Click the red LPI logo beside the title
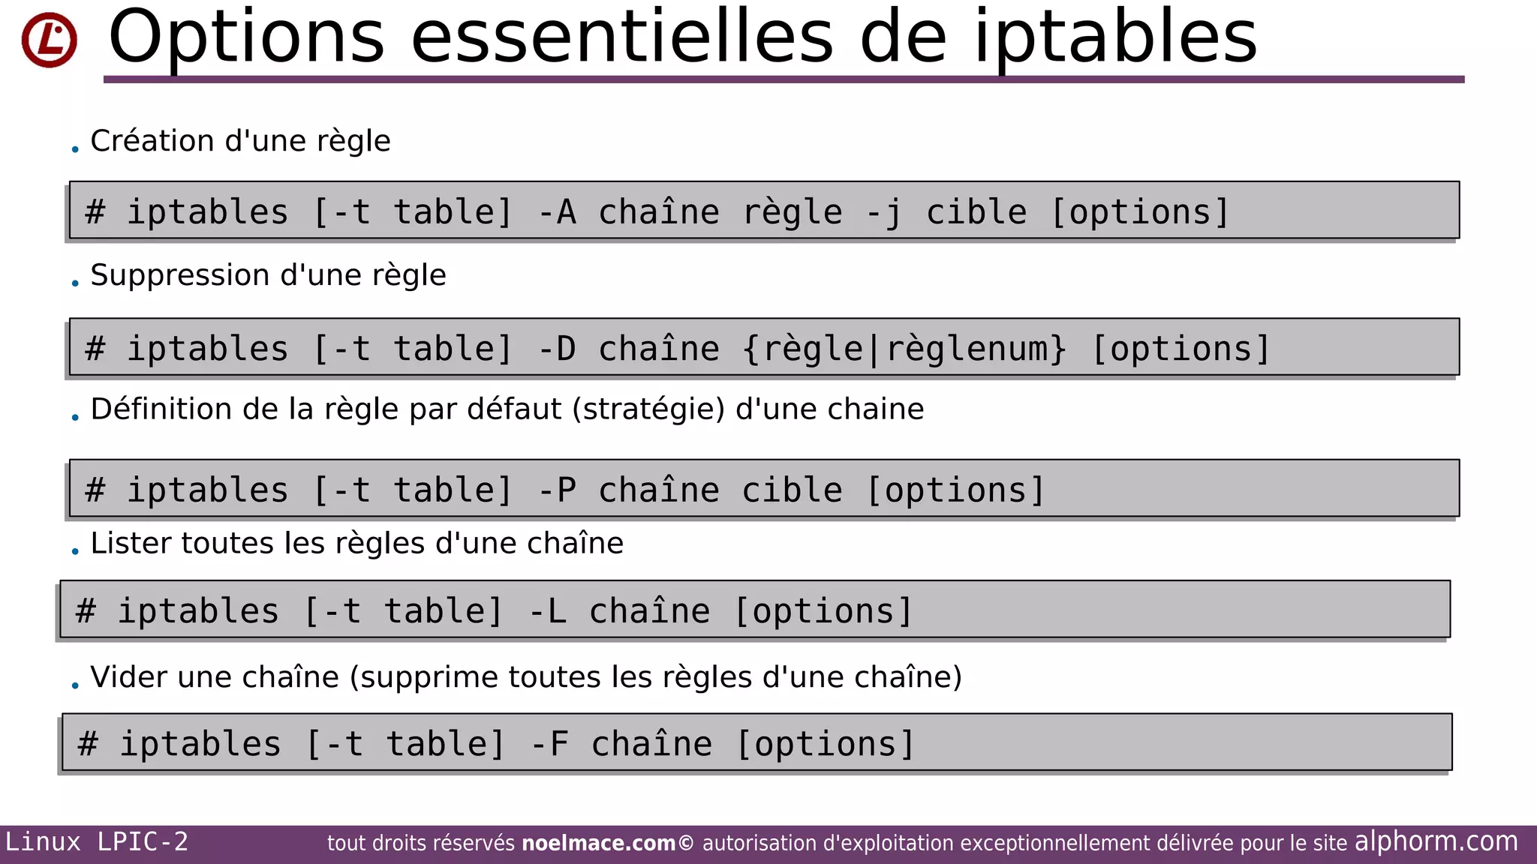click(49, 40)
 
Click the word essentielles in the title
click(621, 37)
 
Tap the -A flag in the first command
click(557, 212)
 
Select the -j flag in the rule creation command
click(883, 212)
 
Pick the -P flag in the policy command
click(557, 490)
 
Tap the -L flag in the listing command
click(547, 611)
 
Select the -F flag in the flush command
click(549, 744)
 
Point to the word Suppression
click(180, 275)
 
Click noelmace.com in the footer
click(598, 844)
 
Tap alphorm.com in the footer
click(1436, 841)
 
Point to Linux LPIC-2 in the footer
click(97, 842)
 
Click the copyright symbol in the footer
click(686, 844)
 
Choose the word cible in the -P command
click(792, 490)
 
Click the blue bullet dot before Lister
click(75, 551)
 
